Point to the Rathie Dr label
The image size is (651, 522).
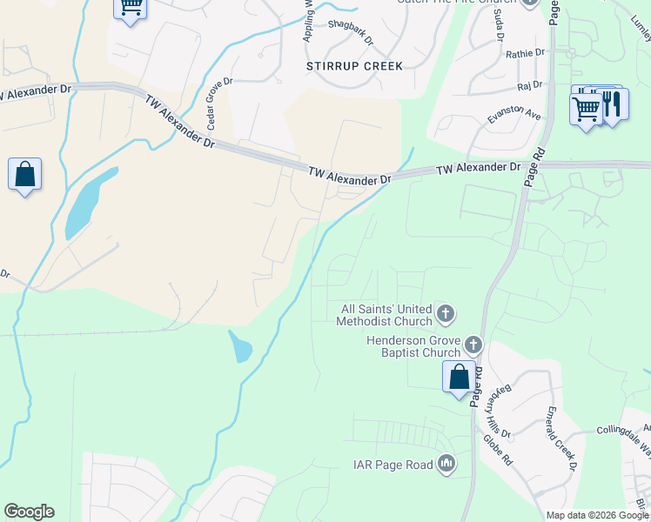point(525,54)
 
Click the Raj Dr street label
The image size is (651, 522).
point(529,85)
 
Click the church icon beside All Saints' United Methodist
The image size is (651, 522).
point(445,312)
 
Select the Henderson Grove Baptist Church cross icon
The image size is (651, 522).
point(473,345)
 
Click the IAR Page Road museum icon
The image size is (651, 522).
point(446,464)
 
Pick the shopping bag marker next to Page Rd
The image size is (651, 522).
point(459,378)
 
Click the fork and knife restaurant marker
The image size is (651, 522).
point(613,105)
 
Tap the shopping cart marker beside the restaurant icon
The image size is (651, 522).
point(587,109)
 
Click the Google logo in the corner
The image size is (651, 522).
point(29,512)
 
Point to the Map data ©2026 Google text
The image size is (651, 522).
point(598,515)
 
